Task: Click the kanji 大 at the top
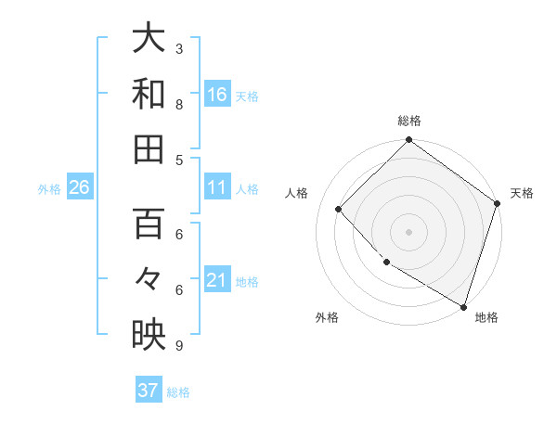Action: pyautogui.click(x=149, y=39)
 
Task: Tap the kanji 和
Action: pyautogui.click(x=149, y=94)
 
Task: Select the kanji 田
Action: pyautogui.click(x=149, y=148)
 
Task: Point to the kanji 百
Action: pyautogui.click(x=149, y=224)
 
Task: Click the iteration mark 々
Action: pyautogui.click(x=149, y=279)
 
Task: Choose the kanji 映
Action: pyautogui.click(x=149, y=335)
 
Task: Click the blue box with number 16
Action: pyautogui.click(x=217, y=94)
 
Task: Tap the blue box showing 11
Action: pyautogui.click(x=217, y=187)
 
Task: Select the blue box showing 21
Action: pyautogui.click(x=217, y=280)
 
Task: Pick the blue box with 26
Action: pyautogui.click(x=80, y=187)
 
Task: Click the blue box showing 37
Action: pyautogui.click(x=149, y=391)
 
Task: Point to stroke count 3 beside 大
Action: pyautogui.click(x=179, y=48)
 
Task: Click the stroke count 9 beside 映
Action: pyautogui.click(x=179, y=345)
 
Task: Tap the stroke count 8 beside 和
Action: pyautogui.click(x=179, y=104)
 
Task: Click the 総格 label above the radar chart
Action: pyautogui.click(x=409, y=122)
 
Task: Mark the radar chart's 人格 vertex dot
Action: pyautogui.click(x=339, y=209)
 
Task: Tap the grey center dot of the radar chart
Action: pyautogui.click(x=409, y=232)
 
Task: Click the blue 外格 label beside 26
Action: pyautogui.click(x=49, y=188)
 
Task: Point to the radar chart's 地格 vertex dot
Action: pyautogui.click(x=463, y=305)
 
